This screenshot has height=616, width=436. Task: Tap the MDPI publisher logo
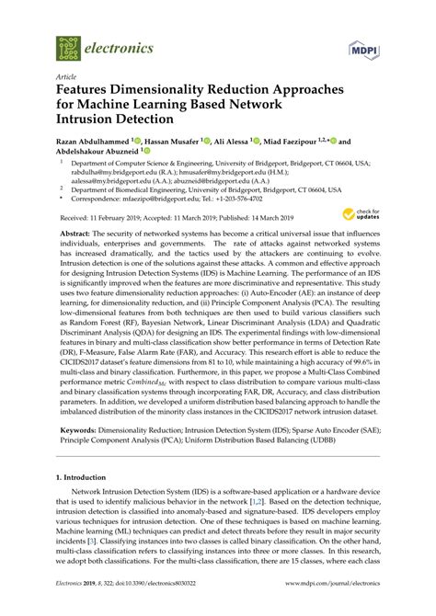365,46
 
